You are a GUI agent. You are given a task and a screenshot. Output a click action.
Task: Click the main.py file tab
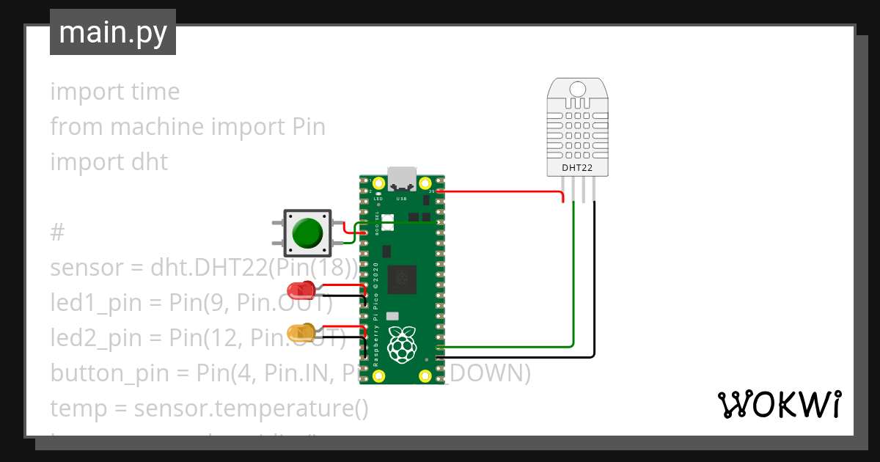coord(112,33)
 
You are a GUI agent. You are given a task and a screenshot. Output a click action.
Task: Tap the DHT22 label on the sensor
coord(577,168)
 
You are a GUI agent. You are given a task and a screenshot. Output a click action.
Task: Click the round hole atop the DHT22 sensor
coord(578,89)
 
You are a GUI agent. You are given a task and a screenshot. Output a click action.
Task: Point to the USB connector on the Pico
coord(402,178)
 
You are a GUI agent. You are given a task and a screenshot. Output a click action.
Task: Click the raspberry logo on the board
coord(400,345)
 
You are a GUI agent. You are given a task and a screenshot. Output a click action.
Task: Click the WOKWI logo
coord(779,404)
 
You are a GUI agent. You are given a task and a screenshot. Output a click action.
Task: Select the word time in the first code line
coord(155,92)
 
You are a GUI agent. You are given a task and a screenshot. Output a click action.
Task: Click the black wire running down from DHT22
coord(594,293)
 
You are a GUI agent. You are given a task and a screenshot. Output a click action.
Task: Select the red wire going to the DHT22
coord(506,192)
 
